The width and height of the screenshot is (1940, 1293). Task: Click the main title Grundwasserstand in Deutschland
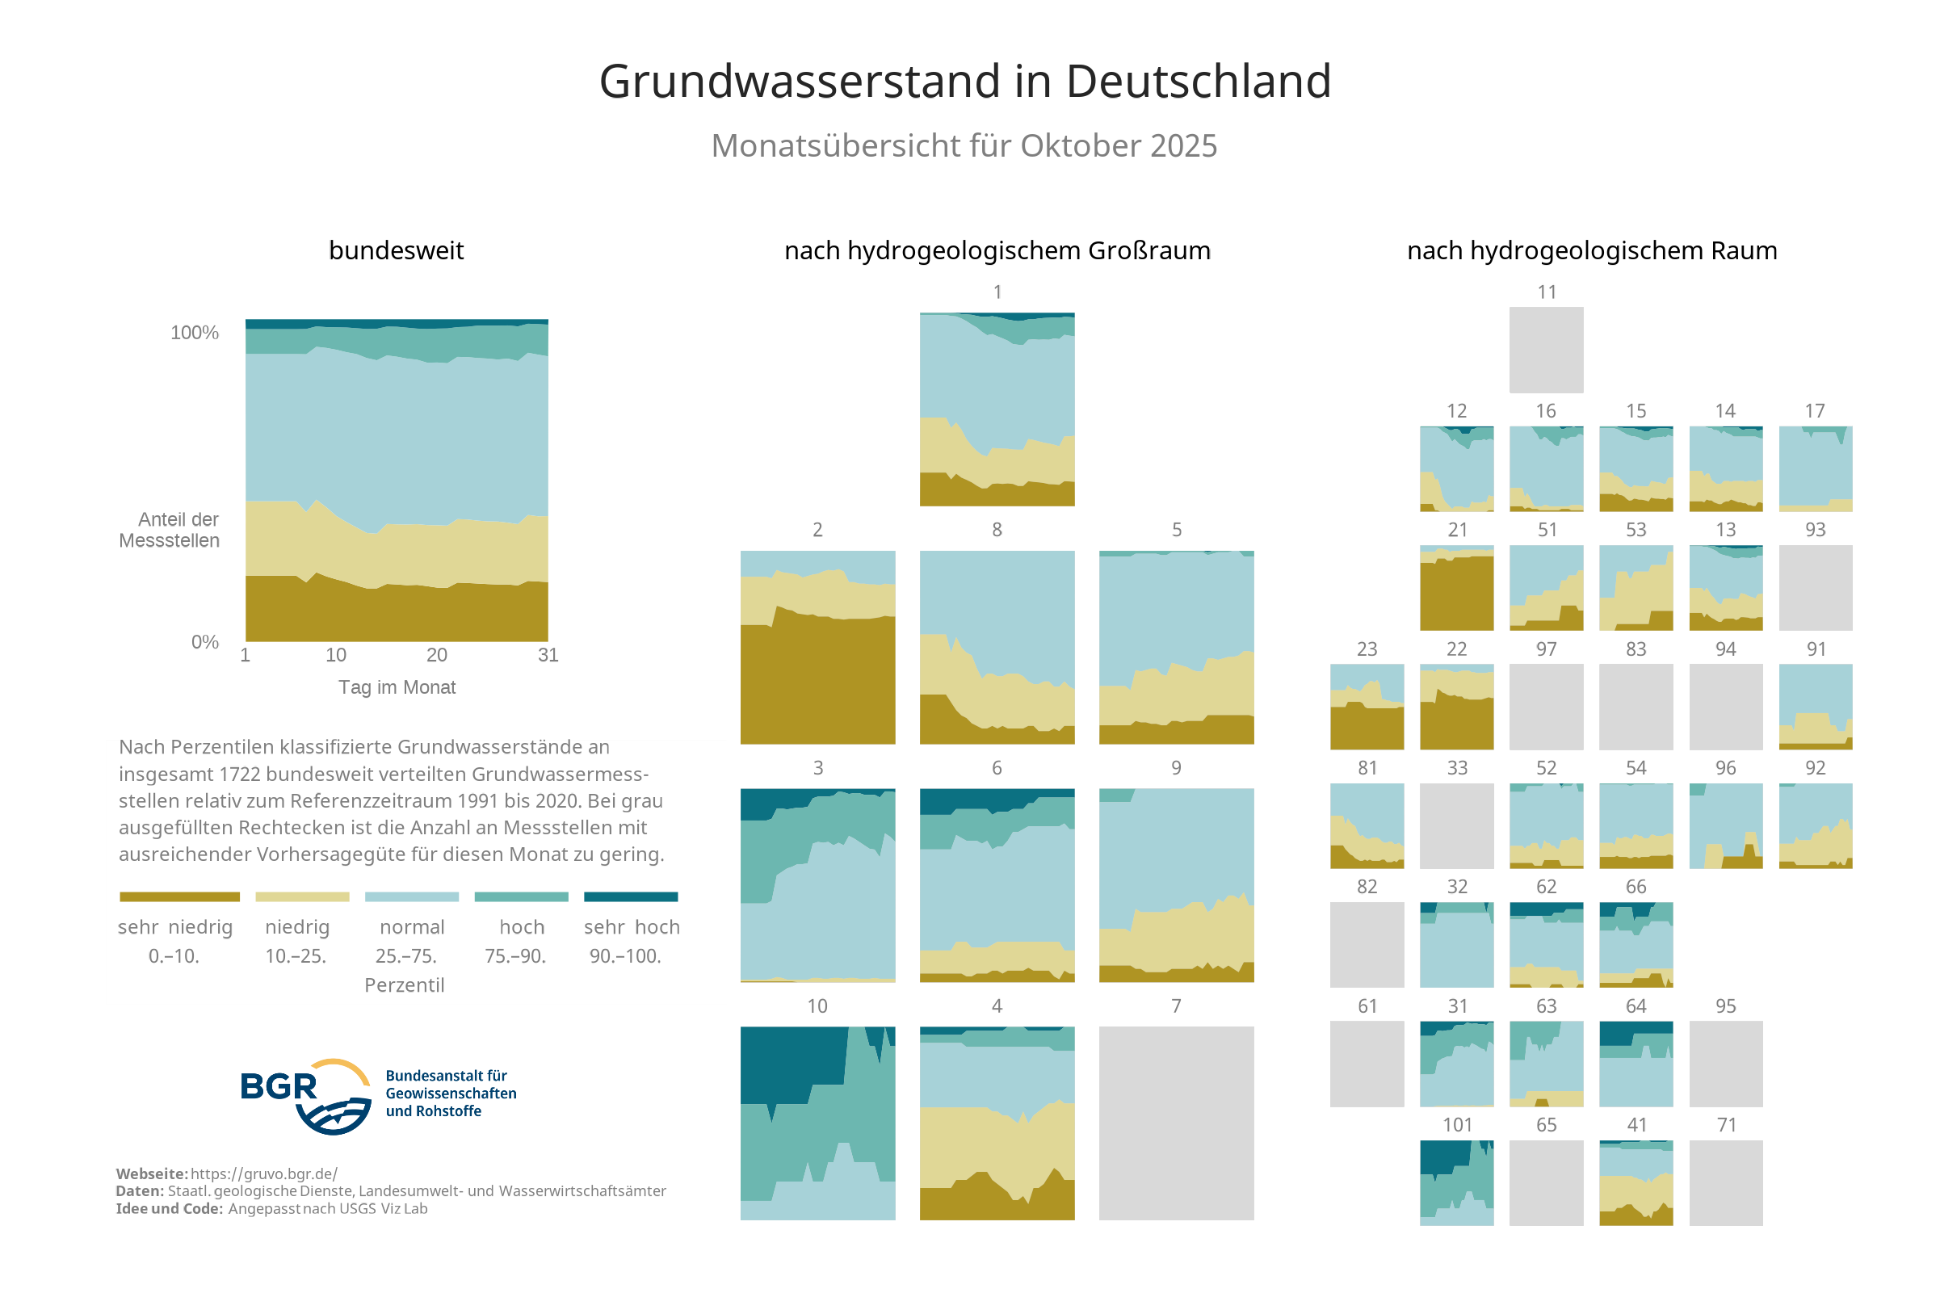tap(964, 82)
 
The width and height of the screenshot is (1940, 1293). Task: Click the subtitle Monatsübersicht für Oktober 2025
tap(964, 146)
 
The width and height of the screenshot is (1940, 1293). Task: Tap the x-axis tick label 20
tap(436, 655)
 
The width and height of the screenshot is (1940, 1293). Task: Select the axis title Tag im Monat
tap(397, 687)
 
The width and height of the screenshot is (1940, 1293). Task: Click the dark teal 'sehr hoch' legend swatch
tap(630, 896)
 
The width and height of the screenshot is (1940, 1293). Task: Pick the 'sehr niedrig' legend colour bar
tap(179, 896)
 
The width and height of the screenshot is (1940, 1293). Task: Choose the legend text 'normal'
tap(411, 927)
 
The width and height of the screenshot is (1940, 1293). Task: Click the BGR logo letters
tap(278, 1086)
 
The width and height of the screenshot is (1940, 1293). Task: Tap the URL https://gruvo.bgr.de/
tap(264, 1173)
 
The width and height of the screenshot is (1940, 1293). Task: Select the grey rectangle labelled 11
tap(1546, 350)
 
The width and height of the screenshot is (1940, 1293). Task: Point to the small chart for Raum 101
tap(1456, 1182)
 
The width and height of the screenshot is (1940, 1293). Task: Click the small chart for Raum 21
tap(1456, 588)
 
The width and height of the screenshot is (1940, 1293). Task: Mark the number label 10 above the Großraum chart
tap(817, 1006)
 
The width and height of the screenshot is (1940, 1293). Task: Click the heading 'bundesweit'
tap(396, 250)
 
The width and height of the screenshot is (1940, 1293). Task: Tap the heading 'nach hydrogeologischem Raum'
tap(1591, 250)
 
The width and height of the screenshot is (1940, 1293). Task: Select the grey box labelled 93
tap(1815, 588)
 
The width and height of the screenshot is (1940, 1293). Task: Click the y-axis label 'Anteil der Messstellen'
tap(170, 531)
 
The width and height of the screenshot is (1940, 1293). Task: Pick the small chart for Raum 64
tap(1636, 1064)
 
